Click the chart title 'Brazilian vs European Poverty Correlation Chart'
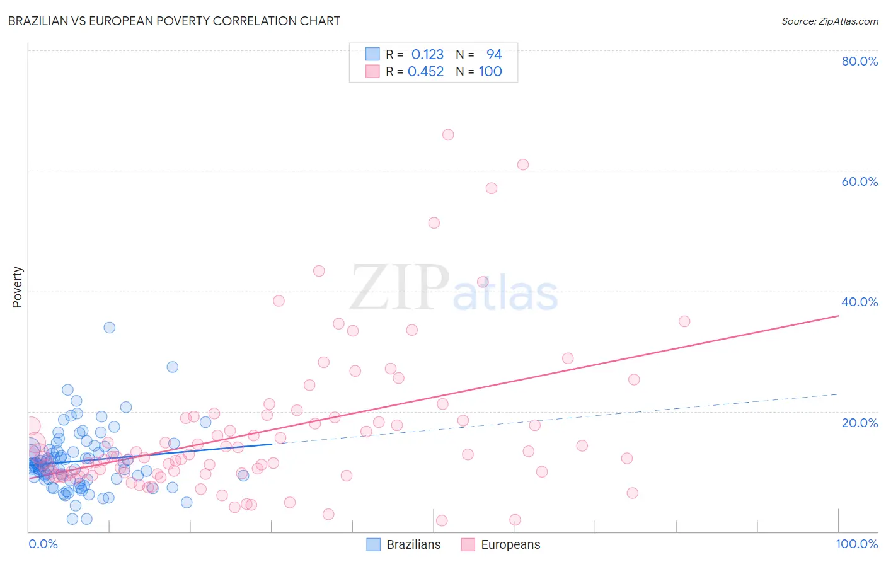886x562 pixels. pyautogui.click(x=174, y=21)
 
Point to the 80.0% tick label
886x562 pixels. pyautogui.click(x=860, y=61)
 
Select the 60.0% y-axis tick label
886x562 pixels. pyautogui.click(x=860, y=181)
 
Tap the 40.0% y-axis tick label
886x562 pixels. pyautogui.click(x=860, y=302)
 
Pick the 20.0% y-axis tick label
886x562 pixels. pyautogui.click(x=860, y=423)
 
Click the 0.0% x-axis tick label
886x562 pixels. pyautogui.click(x=43, y=544)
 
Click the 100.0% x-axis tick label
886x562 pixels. pyautogui.click(x=856, y=544)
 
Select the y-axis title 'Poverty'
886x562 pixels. pyautogui.click(x=17, y=287)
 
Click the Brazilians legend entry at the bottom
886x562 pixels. pyautogui.click(x=404, y=544)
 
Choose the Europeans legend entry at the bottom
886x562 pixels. pyautogui.click(x=501, y=544)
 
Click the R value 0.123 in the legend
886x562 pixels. pyautogui.click(x=427, y=55)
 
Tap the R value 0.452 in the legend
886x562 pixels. pyautogui.click(x=426, y=72)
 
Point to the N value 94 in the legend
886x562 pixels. pyautogui.click(x=494, y=55)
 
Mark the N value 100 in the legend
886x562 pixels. pyautogui.click(x=490, y=72)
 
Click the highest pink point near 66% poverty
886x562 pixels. pyautogui.click(x=448, y=134)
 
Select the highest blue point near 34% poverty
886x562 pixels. pyautogui.click(x=109, y=328)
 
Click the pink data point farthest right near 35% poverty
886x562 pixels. pyautogui.click(x=684, y=321)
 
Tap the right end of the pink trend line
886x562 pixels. pyautogui.click(x=838, y=316)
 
